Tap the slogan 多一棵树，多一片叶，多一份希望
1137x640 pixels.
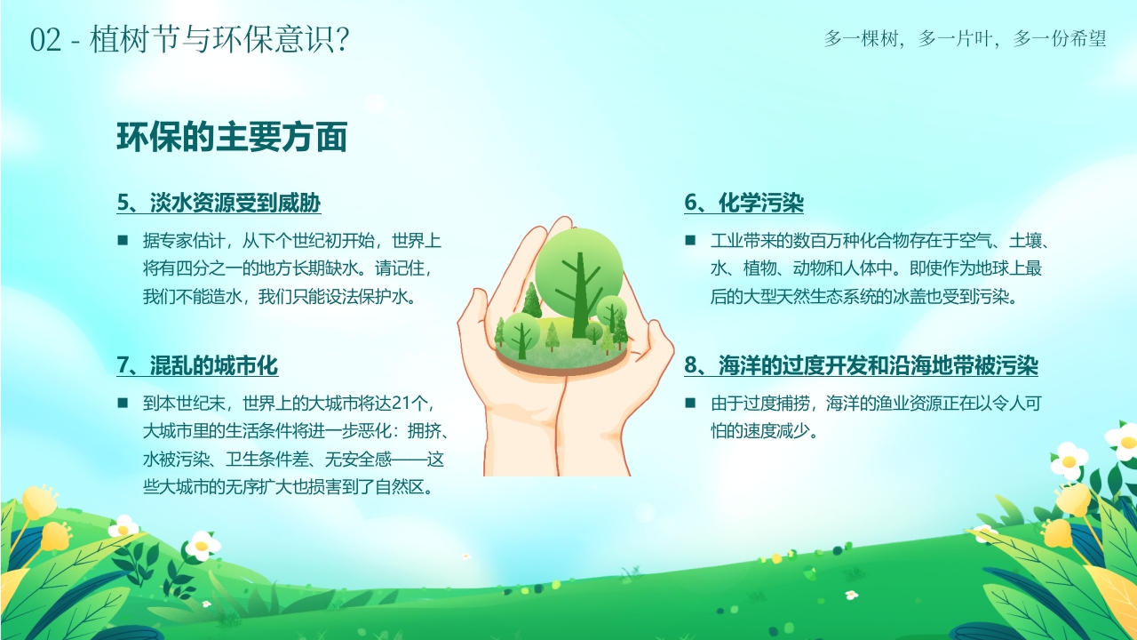point(966,39)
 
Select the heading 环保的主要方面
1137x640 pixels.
point(232,138)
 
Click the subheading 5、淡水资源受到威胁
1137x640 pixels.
point(219,204)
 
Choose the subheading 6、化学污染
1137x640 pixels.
point(743,204)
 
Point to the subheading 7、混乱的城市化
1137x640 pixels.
point(197,365)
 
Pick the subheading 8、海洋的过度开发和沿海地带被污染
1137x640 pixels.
point(861,365)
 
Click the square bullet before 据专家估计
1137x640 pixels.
point(123,240)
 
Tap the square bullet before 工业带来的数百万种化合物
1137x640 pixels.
point(690,240)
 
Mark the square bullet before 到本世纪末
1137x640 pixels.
point(123,403)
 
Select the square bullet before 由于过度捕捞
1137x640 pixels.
point(690,403)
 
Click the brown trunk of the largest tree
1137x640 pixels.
point(580,293)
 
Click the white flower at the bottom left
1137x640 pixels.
point(203,544)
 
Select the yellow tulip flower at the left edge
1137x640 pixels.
point(40,503)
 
